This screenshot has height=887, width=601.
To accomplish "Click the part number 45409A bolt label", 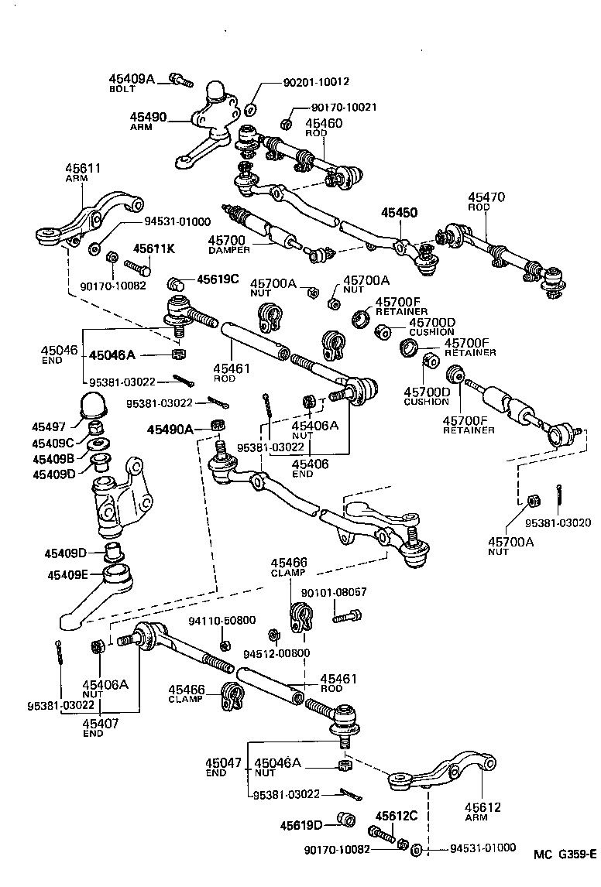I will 131,79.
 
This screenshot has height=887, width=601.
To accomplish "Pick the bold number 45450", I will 398,212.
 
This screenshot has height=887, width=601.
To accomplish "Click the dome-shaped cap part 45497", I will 94,407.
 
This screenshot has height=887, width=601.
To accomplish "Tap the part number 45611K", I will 154,248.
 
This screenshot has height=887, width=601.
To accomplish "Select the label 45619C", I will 218,279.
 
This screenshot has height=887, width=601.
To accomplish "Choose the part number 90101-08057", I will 333,592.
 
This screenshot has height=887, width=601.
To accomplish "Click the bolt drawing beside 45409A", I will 180,78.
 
